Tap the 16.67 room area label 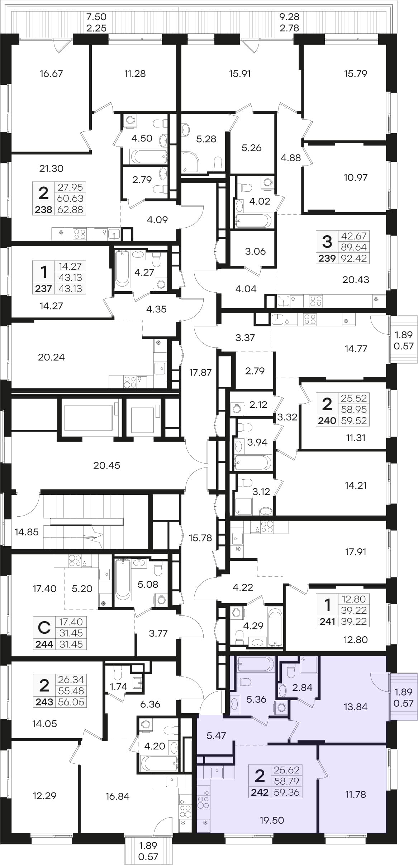(51, 74)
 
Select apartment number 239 (327, 258)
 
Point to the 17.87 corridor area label (200, 372)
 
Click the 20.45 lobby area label (107, 465)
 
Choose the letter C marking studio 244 (44, 628)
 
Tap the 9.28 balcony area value (289, 17)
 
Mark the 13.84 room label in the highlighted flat (356, 707)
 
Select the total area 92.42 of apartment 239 (354, 258)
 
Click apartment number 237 (44, 288)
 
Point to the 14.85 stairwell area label (27, 532)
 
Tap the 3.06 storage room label (255, 251)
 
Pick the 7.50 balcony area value (96, 17)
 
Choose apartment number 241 (327, 622)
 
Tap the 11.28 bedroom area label (135, 74)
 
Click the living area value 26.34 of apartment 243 (71, 679)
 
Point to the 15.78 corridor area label (200, 538)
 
